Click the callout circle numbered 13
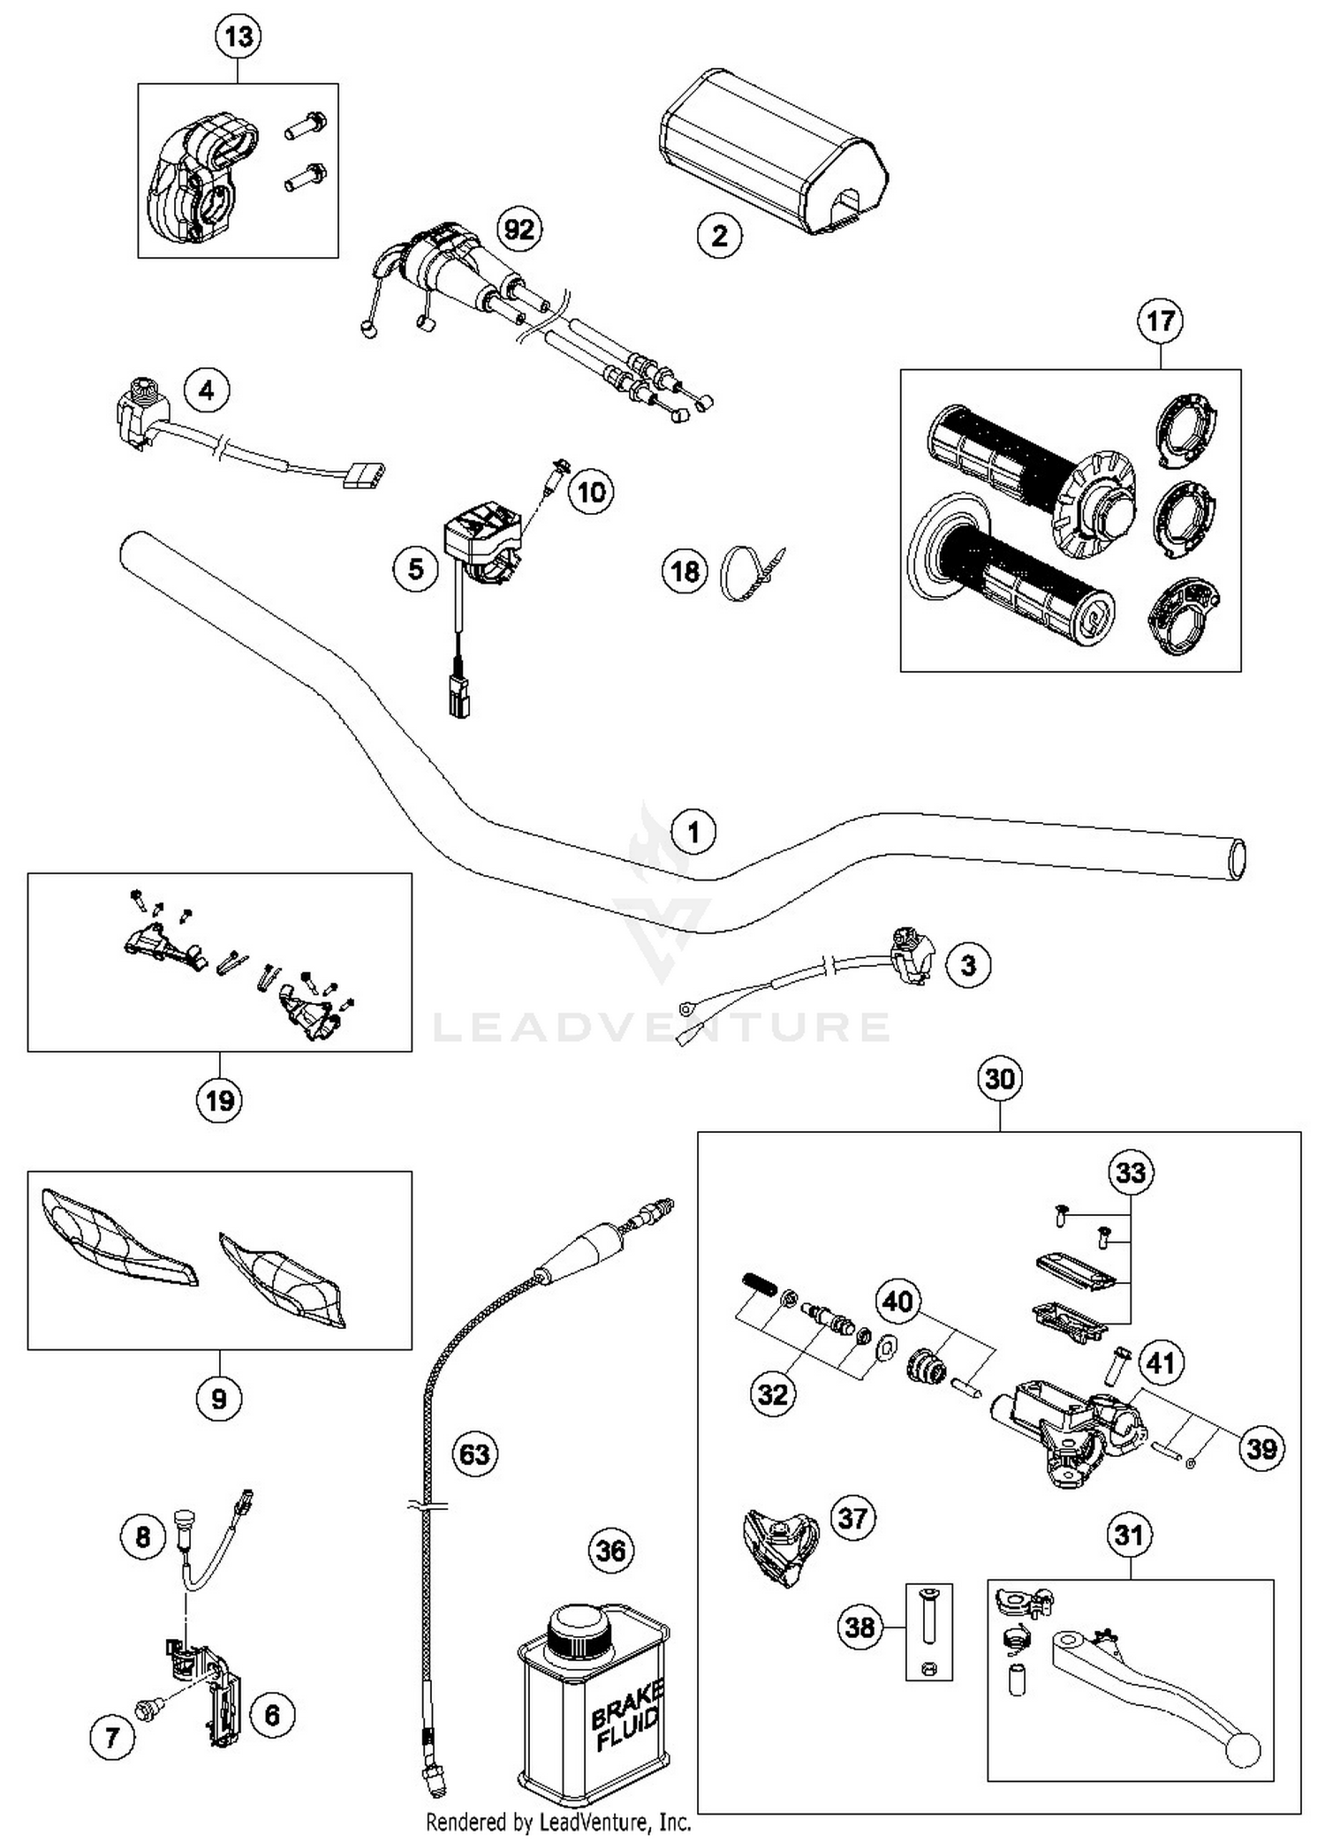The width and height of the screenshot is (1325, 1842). coord(238,37)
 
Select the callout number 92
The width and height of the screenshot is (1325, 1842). coord(519,230)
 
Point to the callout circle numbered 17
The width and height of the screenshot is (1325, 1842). coord(1161,321)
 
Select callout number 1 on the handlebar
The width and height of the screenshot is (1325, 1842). coord(693,832)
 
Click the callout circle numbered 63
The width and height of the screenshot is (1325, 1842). coord(475,1453)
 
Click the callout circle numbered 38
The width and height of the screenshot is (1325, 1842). coord(860,1627)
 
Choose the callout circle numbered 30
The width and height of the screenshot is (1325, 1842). coord(1000,1079)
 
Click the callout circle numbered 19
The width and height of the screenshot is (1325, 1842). coord(219,1100)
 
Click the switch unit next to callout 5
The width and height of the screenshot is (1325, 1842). coord(481,543)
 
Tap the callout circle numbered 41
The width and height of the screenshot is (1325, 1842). coord(1161,1363)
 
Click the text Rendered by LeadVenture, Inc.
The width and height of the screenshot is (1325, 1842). coord(558,1822)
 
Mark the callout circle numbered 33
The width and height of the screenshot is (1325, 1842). coord(1131,1173)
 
